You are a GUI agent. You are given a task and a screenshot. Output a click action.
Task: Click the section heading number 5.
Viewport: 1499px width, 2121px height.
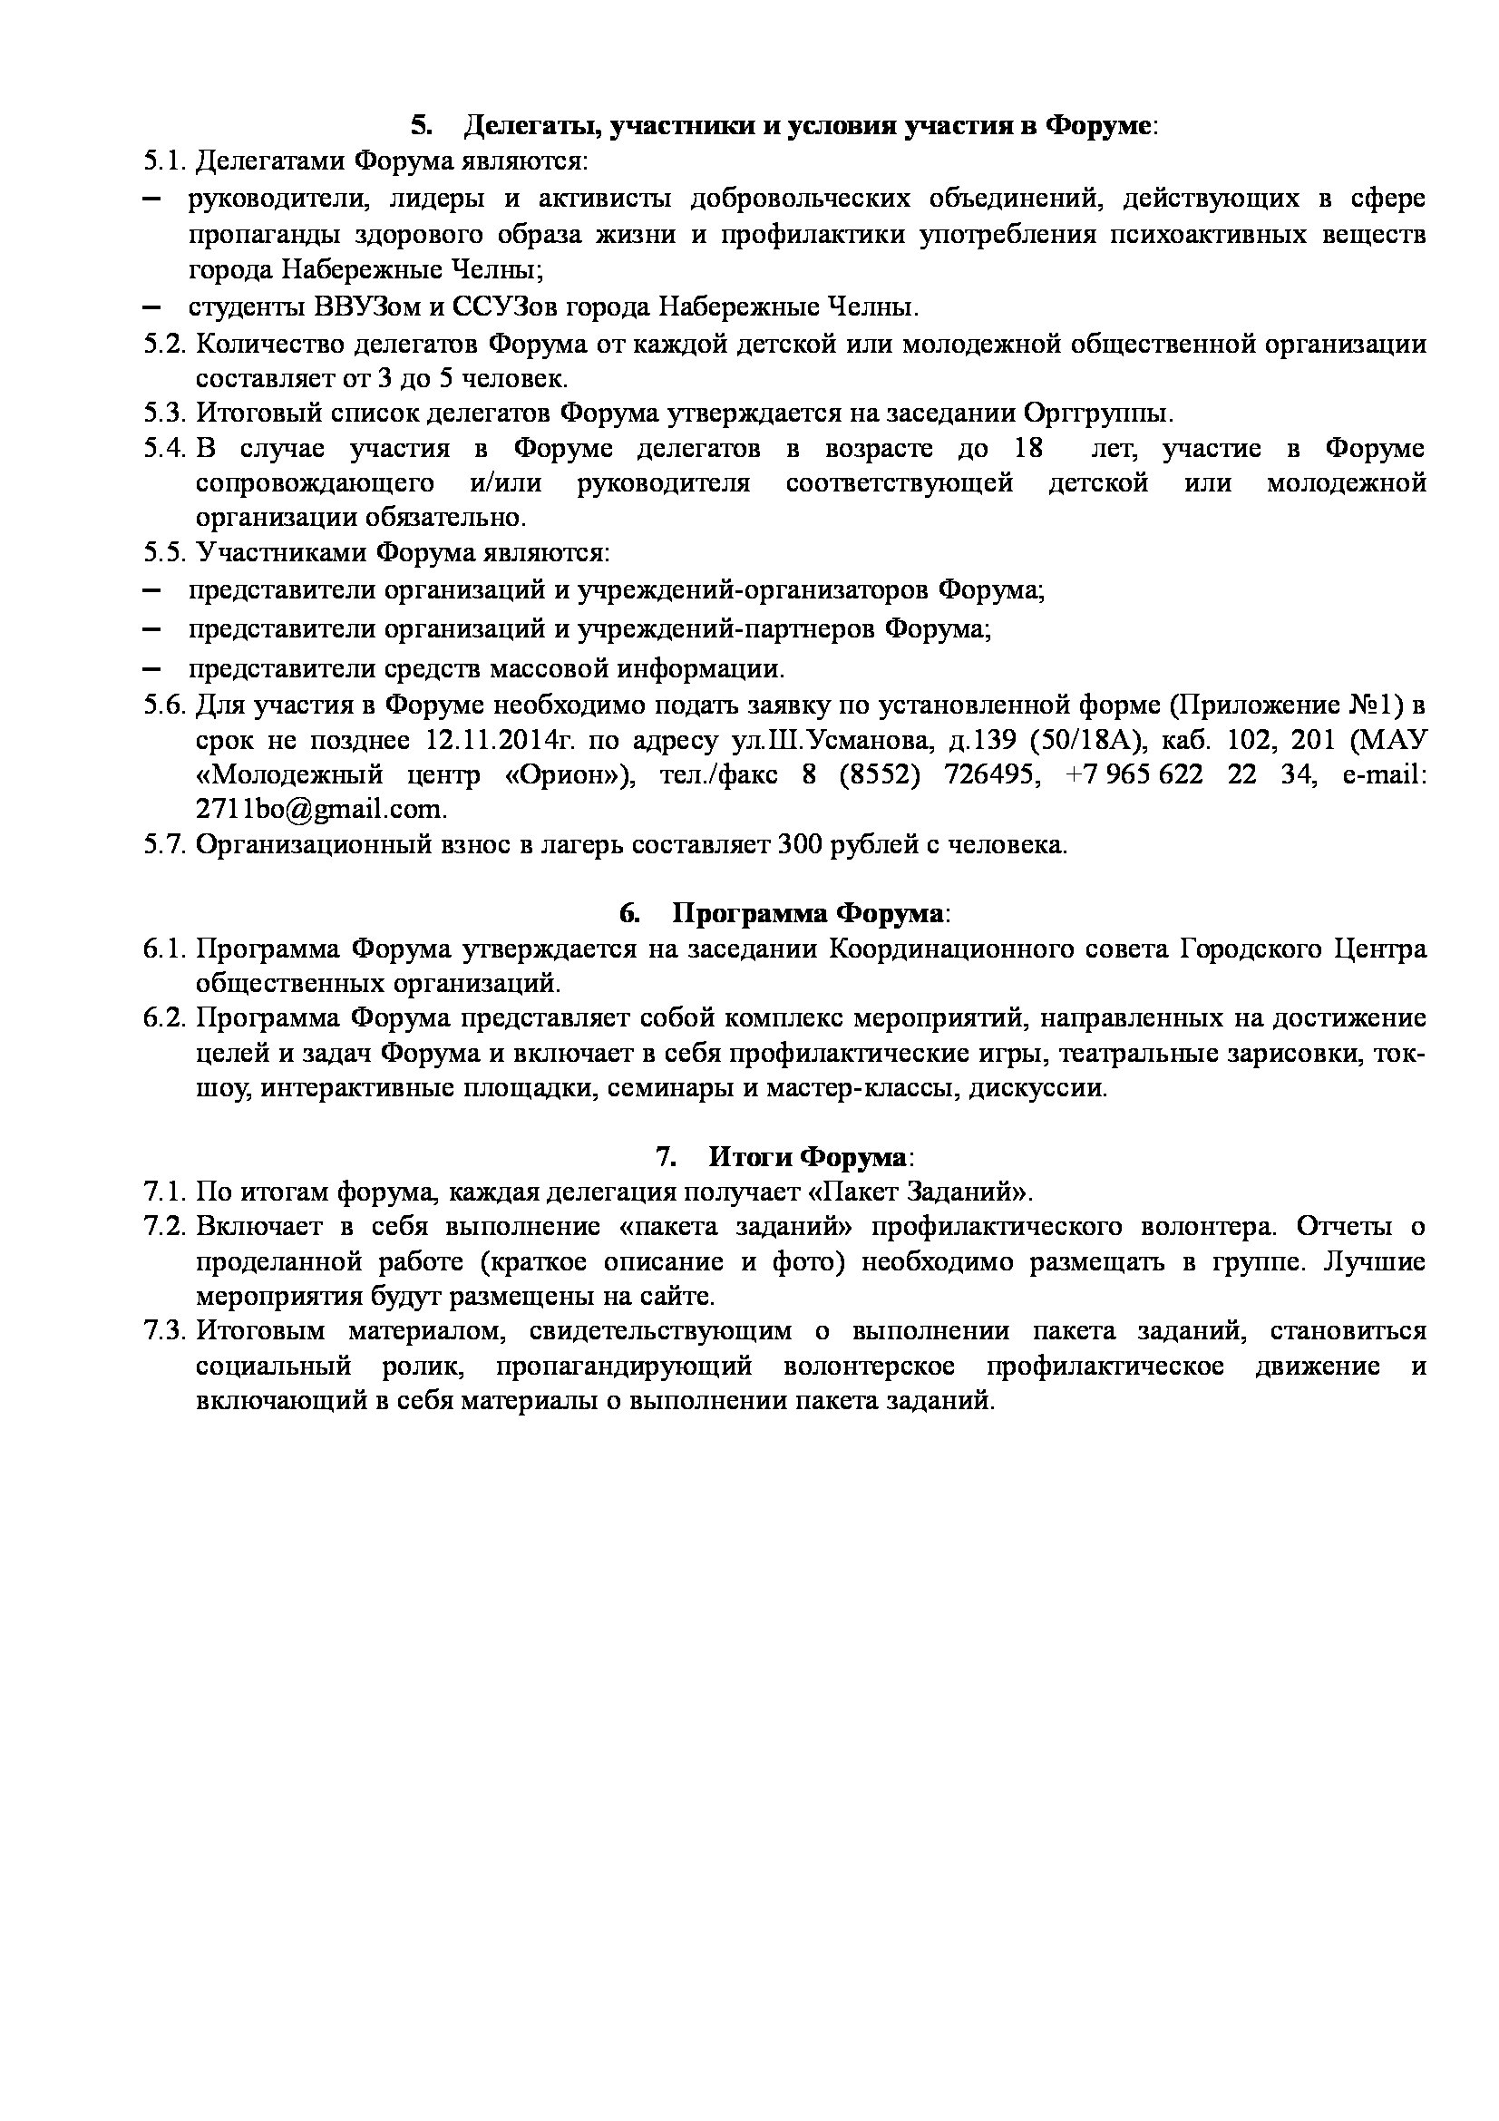[421, 126]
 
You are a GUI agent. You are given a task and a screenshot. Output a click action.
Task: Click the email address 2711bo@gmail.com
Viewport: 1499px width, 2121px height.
[320, 809]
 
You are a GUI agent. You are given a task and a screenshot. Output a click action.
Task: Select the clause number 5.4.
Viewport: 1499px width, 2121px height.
[165, 449]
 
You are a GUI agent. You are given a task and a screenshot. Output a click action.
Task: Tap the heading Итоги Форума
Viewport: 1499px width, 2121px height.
[808, 1156]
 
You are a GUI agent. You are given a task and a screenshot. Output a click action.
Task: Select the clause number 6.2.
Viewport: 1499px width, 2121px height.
[165, 1018]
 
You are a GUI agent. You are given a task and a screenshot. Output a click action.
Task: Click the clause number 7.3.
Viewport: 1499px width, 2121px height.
[165, 1331]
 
